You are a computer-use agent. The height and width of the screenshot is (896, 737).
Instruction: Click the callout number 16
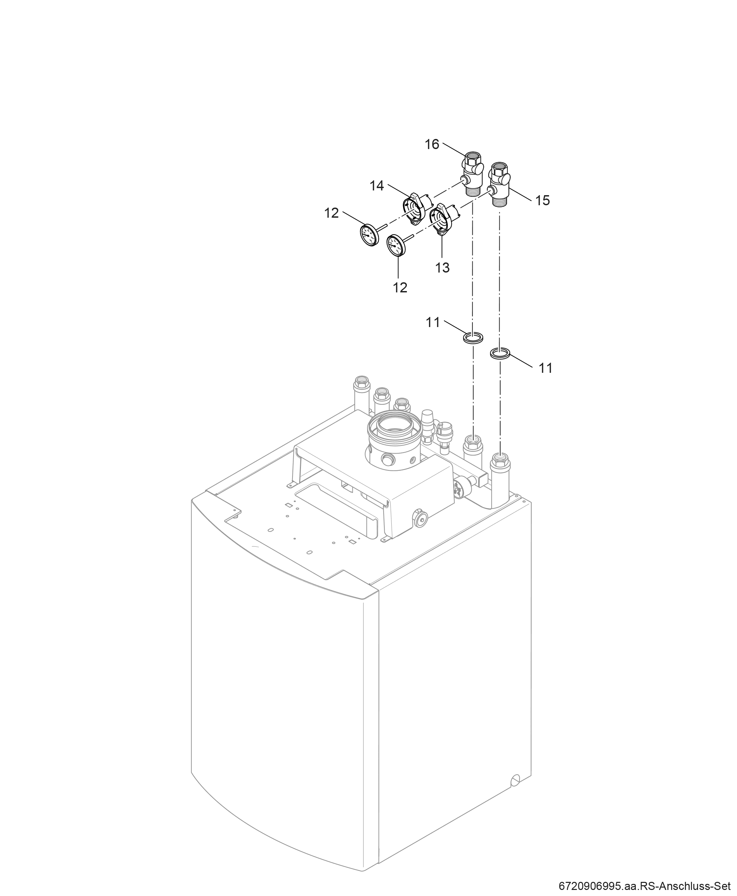[432, 144]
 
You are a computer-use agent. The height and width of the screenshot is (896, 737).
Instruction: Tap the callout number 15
[543, 200]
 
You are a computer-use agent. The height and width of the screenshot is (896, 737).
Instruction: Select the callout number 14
[377, 186]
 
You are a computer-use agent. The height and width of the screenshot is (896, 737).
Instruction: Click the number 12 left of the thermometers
[332, 213]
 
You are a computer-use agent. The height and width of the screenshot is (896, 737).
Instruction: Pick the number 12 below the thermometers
[400, 288]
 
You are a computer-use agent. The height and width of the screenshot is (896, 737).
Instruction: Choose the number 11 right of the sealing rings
[546, 368]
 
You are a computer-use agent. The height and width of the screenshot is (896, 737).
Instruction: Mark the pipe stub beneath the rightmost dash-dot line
[501, 480]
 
